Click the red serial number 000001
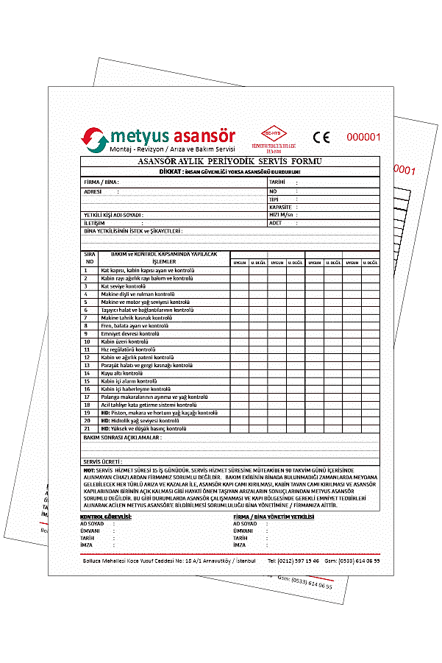(x=363, y=136)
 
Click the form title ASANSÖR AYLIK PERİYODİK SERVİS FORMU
(x=229, y=160)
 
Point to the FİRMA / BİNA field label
(x=101, y=181)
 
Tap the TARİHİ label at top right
(x=277, y=181)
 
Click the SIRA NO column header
(x=90, y=258)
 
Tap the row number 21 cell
(x=87, y=428)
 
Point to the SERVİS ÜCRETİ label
(x=101, y=461)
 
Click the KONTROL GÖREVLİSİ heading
(x=105, y=517)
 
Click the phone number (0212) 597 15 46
(x=293, y=561)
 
